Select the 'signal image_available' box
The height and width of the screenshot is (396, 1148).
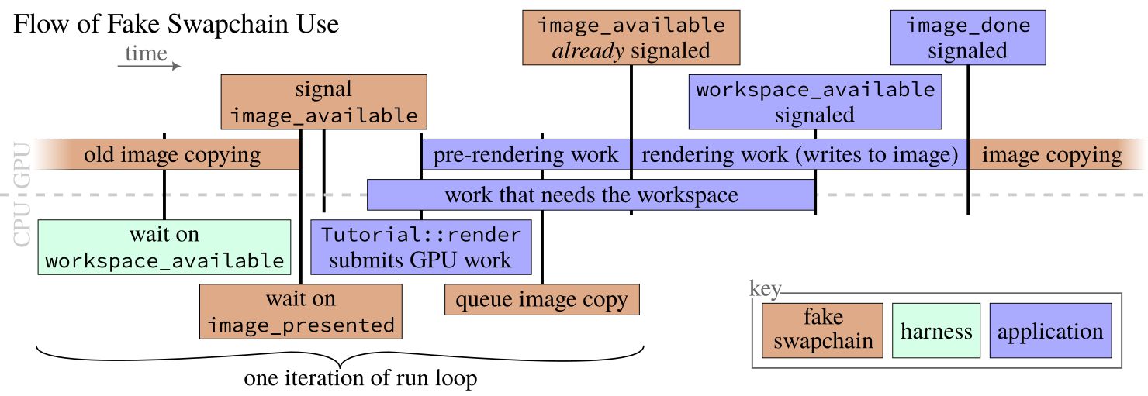(x=323, y=102)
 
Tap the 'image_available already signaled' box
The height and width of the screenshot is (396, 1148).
(x=631, y=37)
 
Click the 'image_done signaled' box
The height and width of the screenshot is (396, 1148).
(x=968, y=37)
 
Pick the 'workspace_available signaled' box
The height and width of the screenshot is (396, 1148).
(x=815, y=102)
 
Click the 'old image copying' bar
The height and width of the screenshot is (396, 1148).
(x=172, y=155)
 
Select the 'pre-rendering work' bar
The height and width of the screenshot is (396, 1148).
(x=526, y=155)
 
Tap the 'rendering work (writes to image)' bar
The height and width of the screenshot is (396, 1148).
(x=800, y=155)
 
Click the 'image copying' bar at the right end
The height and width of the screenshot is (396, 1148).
(x=1053, y=155)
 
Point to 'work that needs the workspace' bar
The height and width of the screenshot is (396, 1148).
(x=591, y=195)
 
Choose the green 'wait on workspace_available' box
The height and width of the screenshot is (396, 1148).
(x=164, y=247)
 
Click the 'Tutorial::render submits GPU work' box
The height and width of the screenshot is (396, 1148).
(x=420, y=247)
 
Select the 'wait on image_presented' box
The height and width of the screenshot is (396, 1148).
(x=301, y=312)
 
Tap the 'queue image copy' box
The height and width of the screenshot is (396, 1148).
(x=541, y=300)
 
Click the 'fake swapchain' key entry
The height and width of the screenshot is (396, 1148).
(x=822, y=330)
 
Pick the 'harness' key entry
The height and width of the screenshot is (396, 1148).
(x=936, y=331)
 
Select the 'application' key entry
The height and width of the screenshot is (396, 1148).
(x=1050, y=331)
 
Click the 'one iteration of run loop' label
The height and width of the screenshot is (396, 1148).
(x=361, y=379)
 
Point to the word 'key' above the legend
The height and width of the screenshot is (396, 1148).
(x=765, y=289)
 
